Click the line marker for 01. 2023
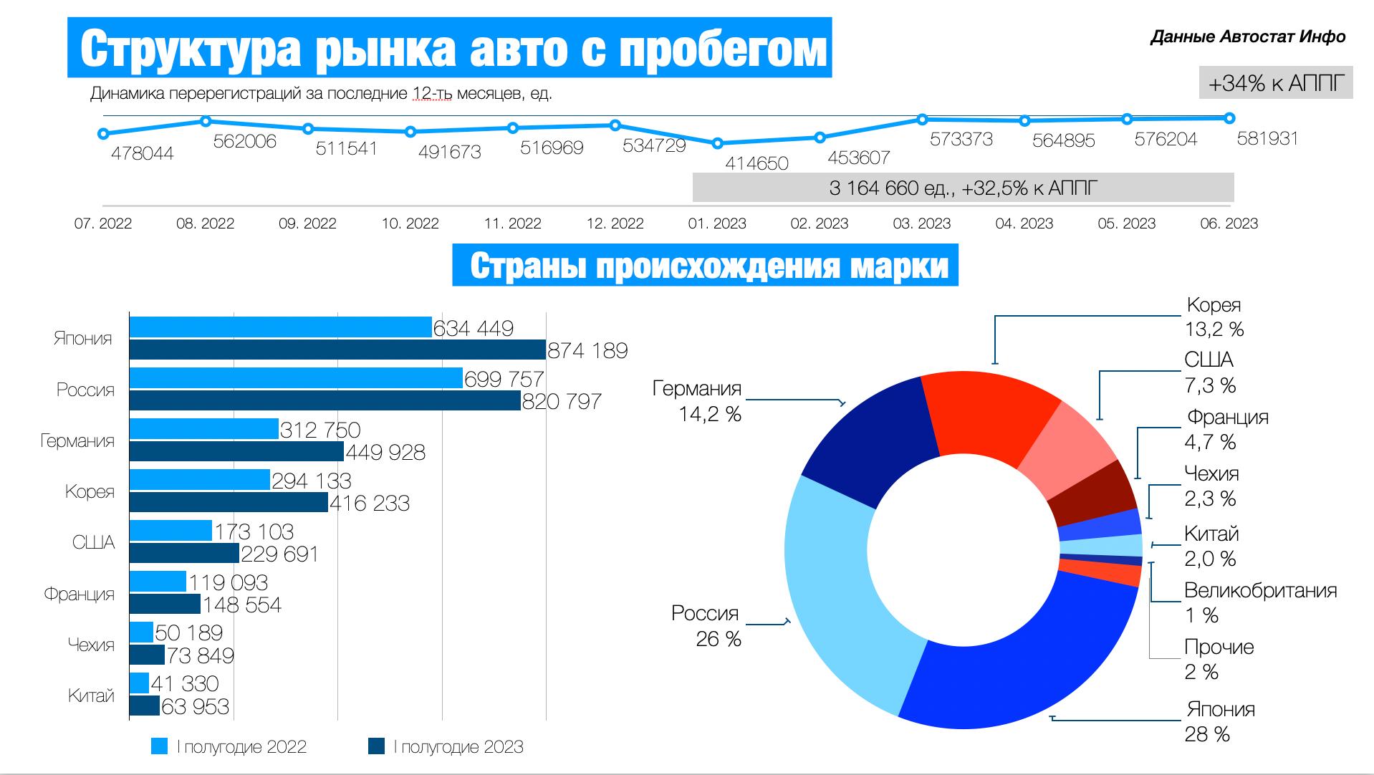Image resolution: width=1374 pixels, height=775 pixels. pos(718,143)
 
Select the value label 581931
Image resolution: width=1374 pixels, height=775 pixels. pos(1267,138)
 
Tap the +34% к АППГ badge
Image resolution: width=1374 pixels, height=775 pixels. pos(1276,83)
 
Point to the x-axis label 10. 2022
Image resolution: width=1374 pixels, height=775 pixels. pos(410,223)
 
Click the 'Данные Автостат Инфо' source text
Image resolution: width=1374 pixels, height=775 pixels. pos(1248,37)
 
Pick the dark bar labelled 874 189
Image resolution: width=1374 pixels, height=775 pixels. pos(337,350)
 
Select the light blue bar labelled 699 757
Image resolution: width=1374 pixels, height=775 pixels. pos(296,378)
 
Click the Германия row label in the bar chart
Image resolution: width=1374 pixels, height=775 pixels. pos(77,441)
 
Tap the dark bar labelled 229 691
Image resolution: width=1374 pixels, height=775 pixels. pos(184,553)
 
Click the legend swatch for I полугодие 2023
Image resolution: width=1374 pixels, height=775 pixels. pos(377,746)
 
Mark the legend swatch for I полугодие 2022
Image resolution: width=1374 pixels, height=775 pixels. pos(159,746)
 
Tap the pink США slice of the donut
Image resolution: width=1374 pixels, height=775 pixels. pos(1067,451)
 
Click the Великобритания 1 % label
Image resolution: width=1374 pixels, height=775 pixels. pos(1261,602)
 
